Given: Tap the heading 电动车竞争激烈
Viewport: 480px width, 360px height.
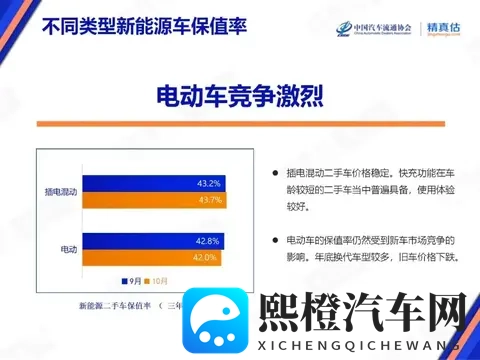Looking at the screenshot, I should click(x=239, y=98).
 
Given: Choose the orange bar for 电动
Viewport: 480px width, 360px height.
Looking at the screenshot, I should click(x=151, y=257).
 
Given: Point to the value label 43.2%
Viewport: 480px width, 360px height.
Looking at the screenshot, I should click(x=208, y=183).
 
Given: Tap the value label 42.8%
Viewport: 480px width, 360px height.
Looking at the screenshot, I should click(x=207, y=241).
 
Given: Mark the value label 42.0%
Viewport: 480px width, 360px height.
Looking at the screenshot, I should click(x=204, y=257).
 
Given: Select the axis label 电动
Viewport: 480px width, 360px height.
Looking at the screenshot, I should click(x=69, y=248).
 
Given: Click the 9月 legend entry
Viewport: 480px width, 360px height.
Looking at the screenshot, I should click(x=134, y=281).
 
